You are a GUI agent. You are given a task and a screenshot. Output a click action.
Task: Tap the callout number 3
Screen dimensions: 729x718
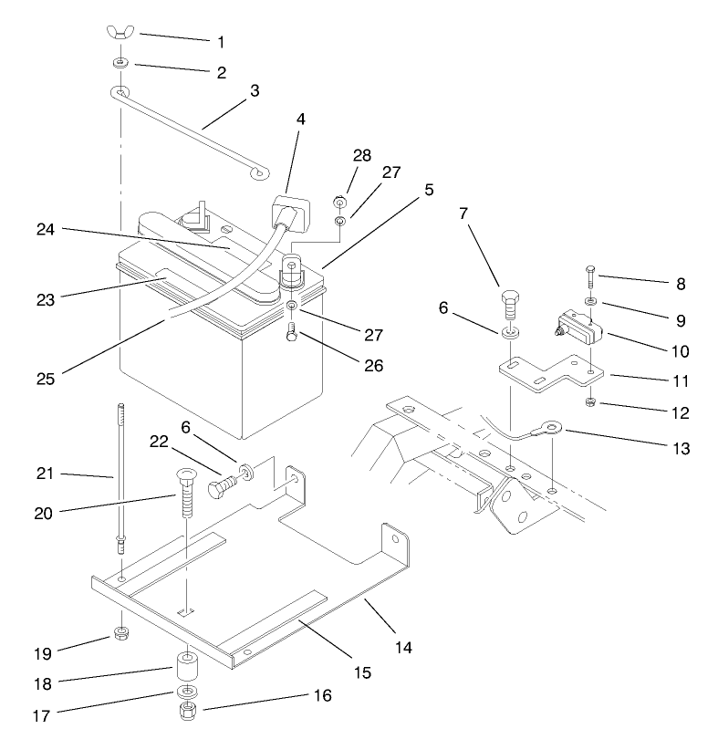pyautogui.click(x=255, y=91)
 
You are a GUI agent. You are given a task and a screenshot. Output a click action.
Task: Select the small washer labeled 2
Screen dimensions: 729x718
pyautogui.click(x=120, y=64)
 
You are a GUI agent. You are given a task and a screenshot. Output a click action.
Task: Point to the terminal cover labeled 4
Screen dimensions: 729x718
pyautogui.click(x=293, y=214)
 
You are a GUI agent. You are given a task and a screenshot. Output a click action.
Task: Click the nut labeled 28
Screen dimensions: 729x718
pyautogui.click(x=338, y=202)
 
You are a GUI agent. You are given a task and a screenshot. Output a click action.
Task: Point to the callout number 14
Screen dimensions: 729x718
pyautogui.click(x=402, y=648)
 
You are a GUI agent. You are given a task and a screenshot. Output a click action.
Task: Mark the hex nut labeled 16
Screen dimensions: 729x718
pyautogui.click(x=188, y=708)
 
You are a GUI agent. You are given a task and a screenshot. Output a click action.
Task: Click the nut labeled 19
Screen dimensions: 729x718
pyautogui.click(x=119, y=633)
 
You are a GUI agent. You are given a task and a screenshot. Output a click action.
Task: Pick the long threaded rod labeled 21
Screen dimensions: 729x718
pyautogui.click(x=120, y=474)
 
